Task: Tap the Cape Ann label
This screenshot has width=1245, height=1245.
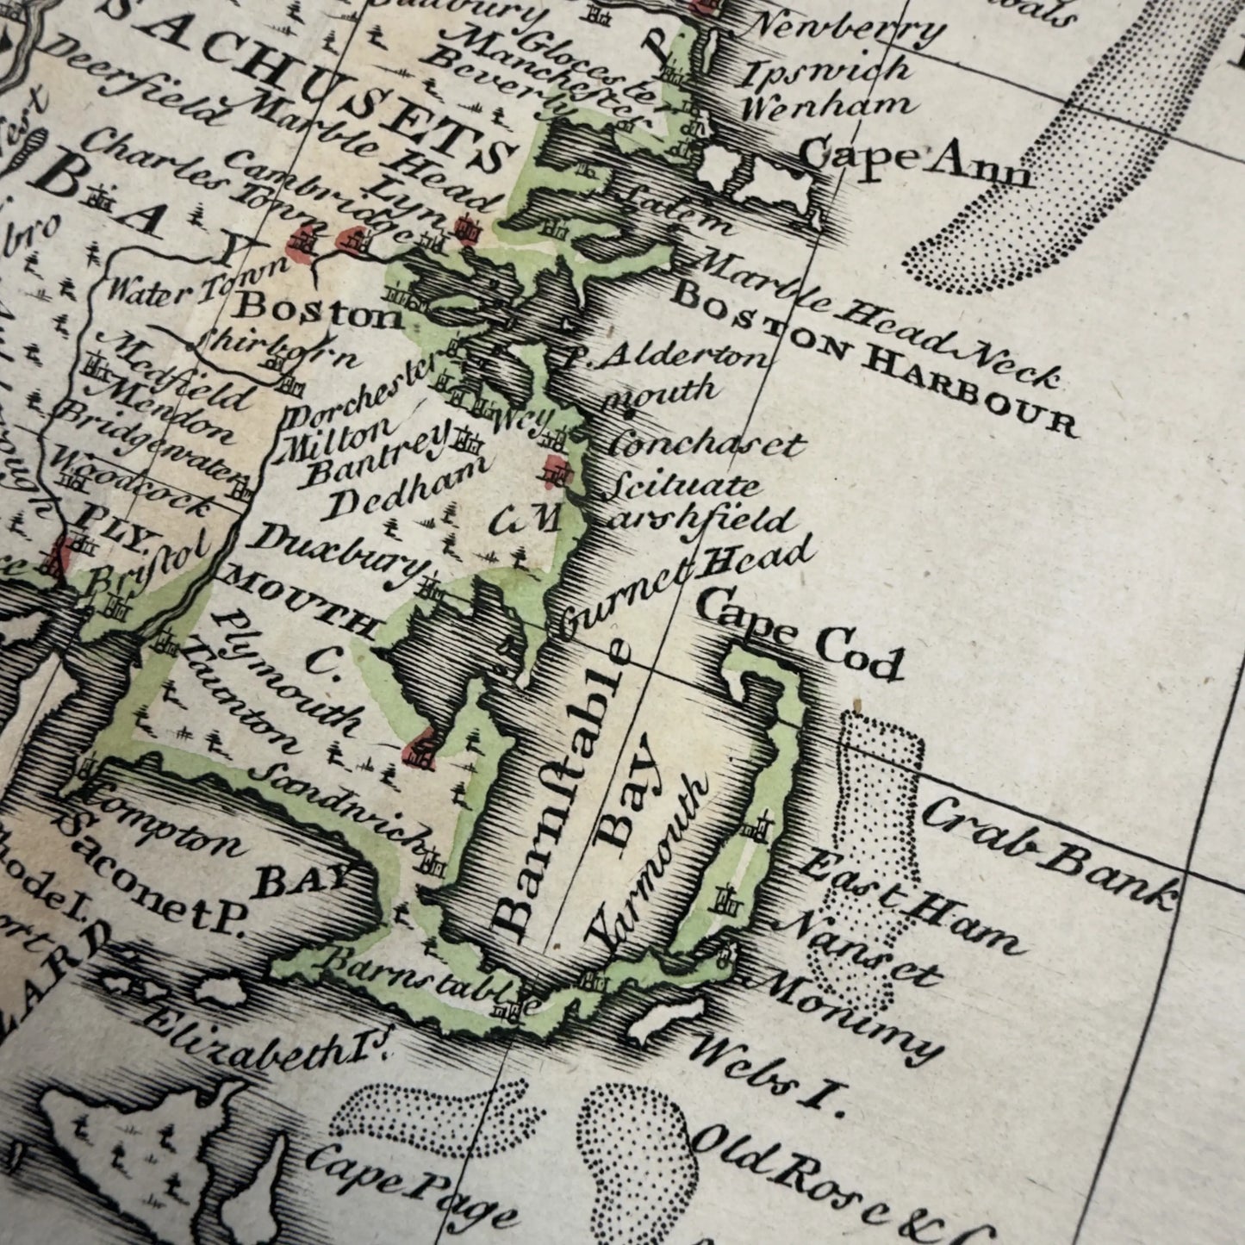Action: (915, 164)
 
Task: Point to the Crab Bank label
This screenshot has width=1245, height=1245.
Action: (1048, 852)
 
